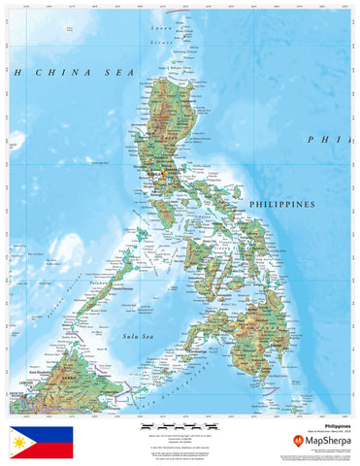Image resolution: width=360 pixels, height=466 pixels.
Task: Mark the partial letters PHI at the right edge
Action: click(x=325, y=140)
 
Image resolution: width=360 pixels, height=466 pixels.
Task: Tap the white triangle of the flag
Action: click(x=18, y=444)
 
